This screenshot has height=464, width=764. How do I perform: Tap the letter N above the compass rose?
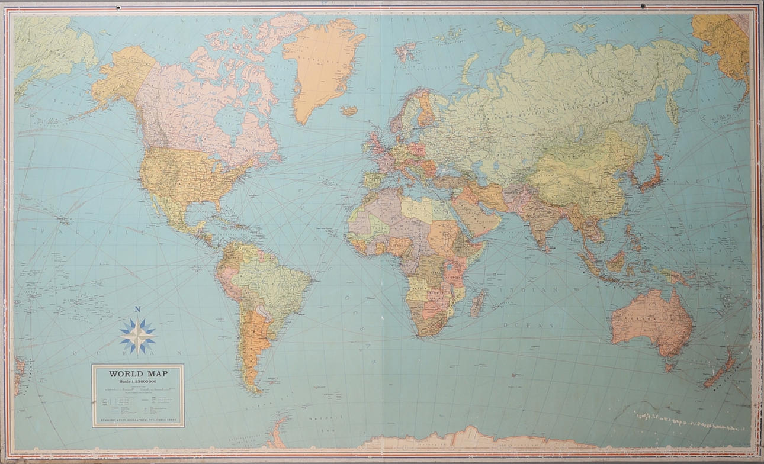point(137,310)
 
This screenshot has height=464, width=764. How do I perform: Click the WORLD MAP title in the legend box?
point(137,373)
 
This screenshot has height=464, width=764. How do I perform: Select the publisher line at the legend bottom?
point(137,421)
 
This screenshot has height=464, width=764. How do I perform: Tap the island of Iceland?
point(349,111)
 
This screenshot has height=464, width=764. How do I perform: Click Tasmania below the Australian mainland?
point(669,368)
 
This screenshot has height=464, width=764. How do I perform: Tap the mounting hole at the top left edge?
point(118,7)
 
